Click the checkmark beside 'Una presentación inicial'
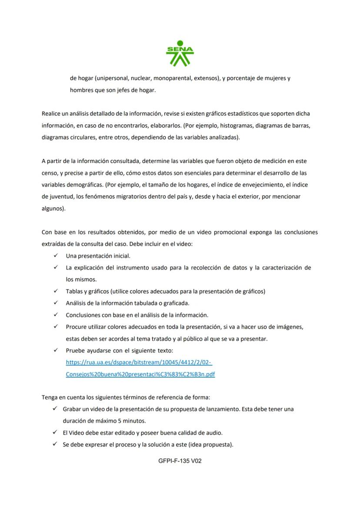[56, 256]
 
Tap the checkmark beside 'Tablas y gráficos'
[56, 291]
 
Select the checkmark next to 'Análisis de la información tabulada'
[56, 303]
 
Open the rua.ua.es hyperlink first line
[139, 362]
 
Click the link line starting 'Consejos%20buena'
[140, 374]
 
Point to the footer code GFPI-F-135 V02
[180, 461]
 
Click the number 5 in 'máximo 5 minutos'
[120, 421]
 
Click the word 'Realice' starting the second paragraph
[51, 113]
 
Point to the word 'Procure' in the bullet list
[76, 326]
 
